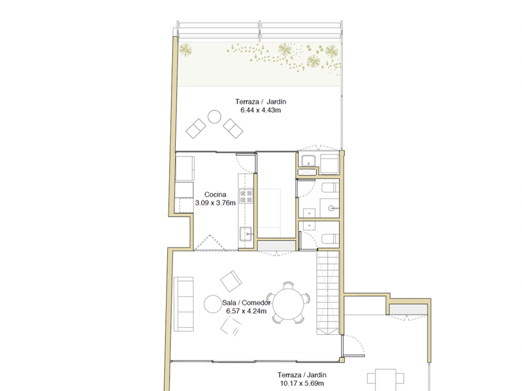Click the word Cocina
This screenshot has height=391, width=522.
215,194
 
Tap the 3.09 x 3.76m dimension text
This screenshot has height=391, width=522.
215,203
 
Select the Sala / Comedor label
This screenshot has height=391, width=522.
246,303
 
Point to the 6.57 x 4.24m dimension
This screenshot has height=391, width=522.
246,311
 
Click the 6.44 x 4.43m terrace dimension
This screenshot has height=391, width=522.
260,110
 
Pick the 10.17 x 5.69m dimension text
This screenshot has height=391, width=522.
302,384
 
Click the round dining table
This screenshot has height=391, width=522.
288,304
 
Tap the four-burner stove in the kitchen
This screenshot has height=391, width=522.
246,195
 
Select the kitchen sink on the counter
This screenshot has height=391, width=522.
246,234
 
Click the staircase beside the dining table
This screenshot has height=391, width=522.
328,293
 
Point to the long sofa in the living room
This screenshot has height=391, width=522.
183,304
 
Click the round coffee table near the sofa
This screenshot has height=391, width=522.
213,304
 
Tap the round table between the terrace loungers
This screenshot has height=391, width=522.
214,117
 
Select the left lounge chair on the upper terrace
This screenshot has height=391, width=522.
196,128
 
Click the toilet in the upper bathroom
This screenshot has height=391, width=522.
330,187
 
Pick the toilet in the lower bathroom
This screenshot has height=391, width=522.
330,239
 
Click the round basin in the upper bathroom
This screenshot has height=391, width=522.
331,208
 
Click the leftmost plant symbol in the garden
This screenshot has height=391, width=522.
185,50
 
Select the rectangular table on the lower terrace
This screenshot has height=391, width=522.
385,380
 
